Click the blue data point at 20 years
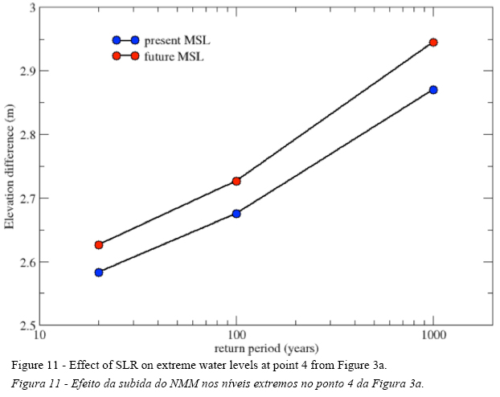99,272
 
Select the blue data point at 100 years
236,214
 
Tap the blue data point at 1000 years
433,89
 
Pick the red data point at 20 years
99,244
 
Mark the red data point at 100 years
236,182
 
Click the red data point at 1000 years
433,42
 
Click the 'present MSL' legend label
178,39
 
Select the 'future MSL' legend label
174,56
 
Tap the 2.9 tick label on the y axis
27,72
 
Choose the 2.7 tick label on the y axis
27,198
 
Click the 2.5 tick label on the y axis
27,325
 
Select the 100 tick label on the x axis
236,336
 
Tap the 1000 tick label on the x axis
433,336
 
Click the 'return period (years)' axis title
266,348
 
